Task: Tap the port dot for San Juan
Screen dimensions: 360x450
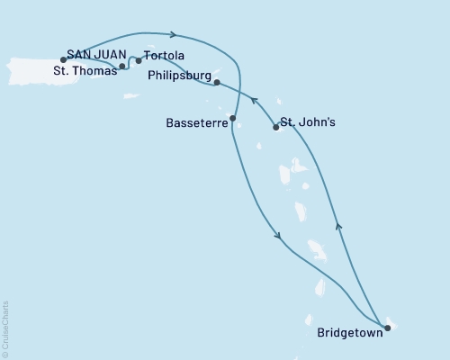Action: point(63,59)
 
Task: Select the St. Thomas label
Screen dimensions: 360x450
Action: point(84,70)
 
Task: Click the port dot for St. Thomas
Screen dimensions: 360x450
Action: point(122,66)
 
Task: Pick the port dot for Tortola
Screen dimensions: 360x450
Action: point(139,61)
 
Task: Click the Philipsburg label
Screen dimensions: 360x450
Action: point(176,77)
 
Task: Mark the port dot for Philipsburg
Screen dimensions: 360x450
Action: point(218,82)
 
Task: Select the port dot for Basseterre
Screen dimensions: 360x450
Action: point(233,118)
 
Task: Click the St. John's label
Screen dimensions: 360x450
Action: point(310,121)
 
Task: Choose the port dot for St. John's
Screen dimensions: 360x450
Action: point(275,127)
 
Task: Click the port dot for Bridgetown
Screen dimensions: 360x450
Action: point(387,328)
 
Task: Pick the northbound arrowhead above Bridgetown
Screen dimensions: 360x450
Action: point(337,226)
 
